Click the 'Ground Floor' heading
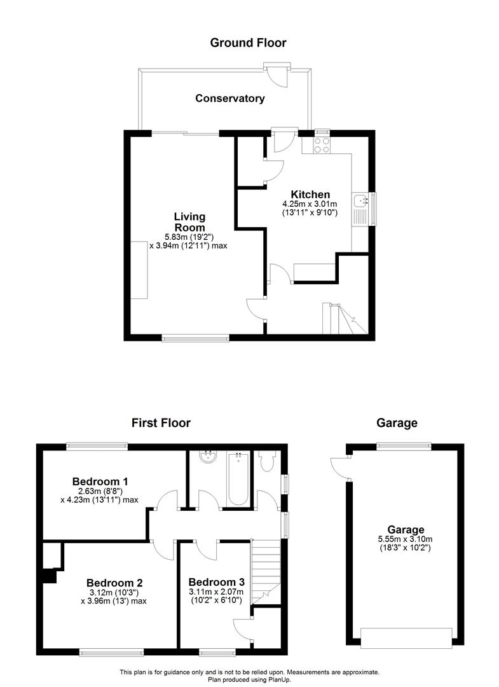point(248,43)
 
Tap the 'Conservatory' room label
point(229,99)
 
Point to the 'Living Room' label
point(189,222)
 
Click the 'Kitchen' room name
point(310,195)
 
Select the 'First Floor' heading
point(161,422)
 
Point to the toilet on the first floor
point(266,462)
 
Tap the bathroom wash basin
point(208,457)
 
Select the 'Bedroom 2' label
point(114,582)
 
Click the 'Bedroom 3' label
point(216,582)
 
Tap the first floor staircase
point(266,567)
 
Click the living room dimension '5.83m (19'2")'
point(189,237)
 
